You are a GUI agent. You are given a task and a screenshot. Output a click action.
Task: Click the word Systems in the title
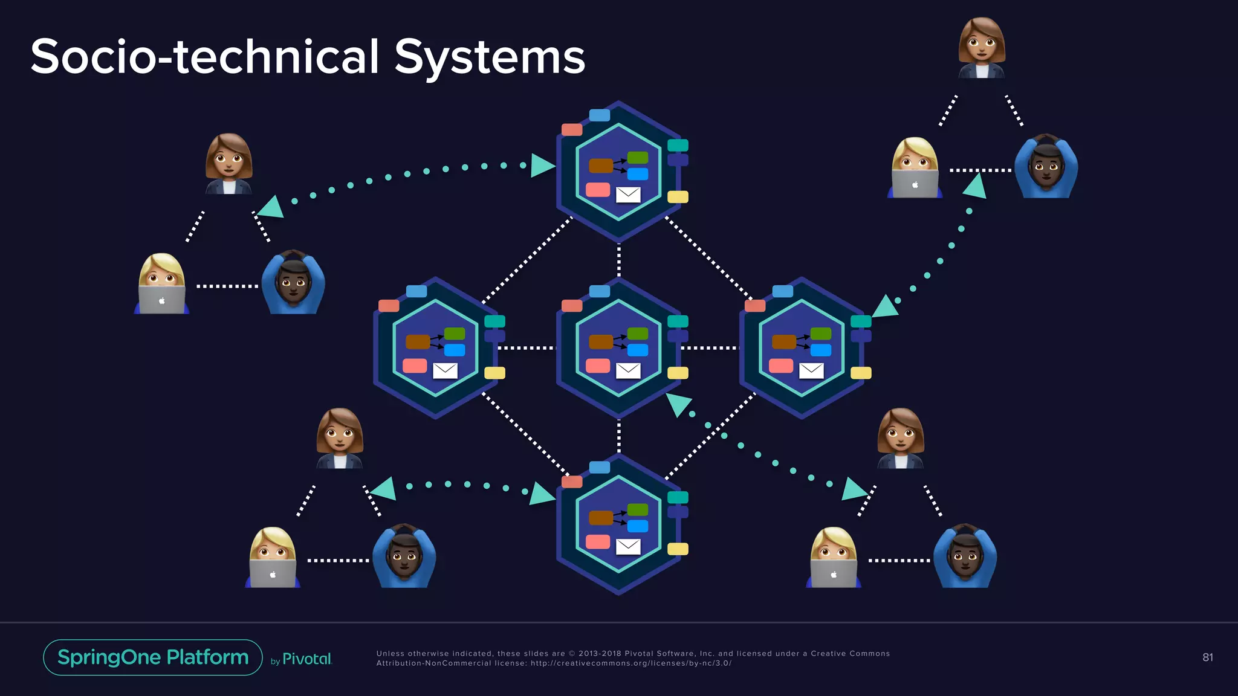point(490,57)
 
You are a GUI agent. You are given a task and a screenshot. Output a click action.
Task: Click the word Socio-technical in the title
point(204,57)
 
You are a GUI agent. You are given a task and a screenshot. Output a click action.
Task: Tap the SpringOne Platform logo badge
point(153,657)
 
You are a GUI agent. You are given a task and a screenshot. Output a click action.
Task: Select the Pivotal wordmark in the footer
point(307,659)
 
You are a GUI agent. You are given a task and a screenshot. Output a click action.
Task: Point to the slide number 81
point(1207,657)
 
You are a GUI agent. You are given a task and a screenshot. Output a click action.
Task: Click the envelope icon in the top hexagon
point(628,195)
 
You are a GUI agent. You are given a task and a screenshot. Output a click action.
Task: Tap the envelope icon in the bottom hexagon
point(628,547)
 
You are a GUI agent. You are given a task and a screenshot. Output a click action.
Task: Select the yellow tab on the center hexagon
point(678,373)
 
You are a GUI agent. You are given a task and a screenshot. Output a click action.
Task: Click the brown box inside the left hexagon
point(418,342)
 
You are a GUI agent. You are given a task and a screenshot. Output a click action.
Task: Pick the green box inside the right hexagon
point(820,333)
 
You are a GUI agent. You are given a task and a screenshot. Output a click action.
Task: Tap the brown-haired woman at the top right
point(982,48)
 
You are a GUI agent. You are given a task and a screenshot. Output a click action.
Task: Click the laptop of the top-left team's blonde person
point(161,300)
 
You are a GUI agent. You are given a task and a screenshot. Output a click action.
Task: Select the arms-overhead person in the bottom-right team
point(965,556)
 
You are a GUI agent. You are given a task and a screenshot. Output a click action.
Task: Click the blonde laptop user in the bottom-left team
point(273,557)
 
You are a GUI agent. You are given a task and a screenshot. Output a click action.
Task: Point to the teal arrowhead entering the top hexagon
point(542,166)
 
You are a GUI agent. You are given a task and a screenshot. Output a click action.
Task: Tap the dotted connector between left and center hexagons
point(525,348)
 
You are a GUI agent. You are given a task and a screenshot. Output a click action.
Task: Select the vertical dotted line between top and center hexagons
point(618,260)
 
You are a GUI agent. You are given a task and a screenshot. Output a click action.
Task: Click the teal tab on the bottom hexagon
point(678,497)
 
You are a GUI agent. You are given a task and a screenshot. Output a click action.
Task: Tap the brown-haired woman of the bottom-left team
point(340,438)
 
